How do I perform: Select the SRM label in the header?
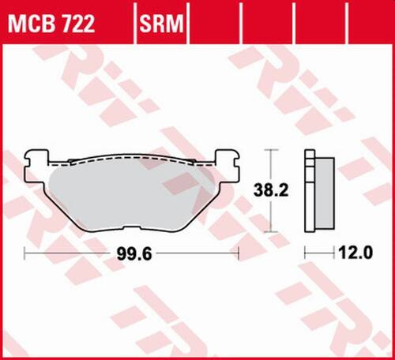pos(162,26)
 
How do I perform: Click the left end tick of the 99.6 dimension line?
pos(25,253)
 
